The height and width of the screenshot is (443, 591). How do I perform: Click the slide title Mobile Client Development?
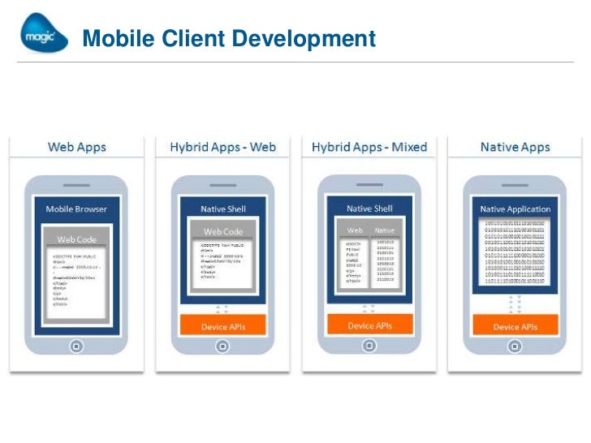tap(229, 38)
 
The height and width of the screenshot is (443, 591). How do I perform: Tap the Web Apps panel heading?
tap(77, 148)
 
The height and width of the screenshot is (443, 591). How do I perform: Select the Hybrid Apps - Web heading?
tap(223, 148)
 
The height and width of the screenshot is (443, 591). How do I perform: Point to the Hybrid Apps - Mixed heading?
tap(370, 148)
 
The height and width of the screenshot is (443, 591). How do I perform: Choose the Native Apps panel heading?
tap(516, 148)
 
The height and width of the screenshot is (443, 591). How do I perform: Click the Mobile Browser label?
tap(77, 209)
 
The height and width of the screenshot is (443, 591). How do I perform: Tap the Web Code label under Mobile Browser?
tap(77, 239)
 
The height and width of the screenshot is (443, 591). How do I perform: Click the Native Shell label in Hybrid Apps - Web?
tap(223, 209)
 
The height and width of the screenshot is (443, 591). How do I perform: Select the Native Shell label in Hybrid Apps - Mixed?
tap(370, 209)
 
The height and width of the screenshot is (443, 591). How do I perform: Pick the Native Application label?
tap(516, 209)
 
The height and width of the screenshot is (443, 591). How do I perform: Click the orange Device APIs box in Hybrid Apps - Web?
tap(223, 327)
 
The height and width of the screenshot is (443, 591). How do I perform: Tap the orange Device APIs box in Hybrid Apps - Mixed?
tap(370, 325)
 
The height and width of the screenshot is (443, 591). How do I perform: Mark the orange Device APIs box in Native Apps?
tap(516, 327)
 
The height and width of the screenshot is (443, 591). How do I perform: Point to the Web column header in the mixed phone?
tap(355, 230)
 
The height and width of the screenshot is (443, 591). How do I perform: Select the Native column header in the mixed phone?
tap(385, 230)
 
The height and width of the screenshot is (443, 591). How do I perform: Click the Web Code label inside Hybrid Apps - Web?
tap(223, 232)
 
